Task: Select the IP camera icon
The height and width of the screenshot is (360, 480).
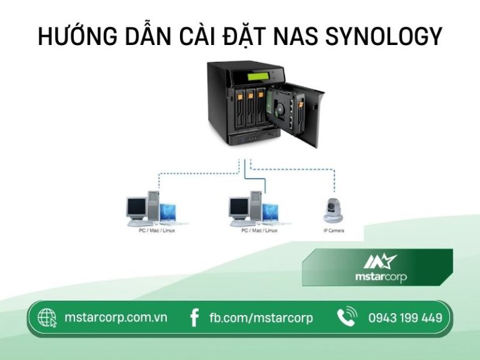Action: coord(332,210)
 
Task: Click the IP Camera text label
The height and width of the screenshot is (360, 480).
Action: coord(333,231)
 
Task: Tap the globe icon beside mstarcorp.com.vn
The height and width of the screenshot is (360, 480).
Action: coord(47,318)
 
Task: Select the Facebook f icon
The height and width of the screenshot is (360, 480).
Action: coord(194,318)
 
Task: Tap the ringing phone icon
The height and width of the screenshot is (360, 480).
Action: coord(346,317)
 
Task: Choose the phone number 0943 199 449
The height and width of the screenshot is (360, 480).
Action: coord(405,318)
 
